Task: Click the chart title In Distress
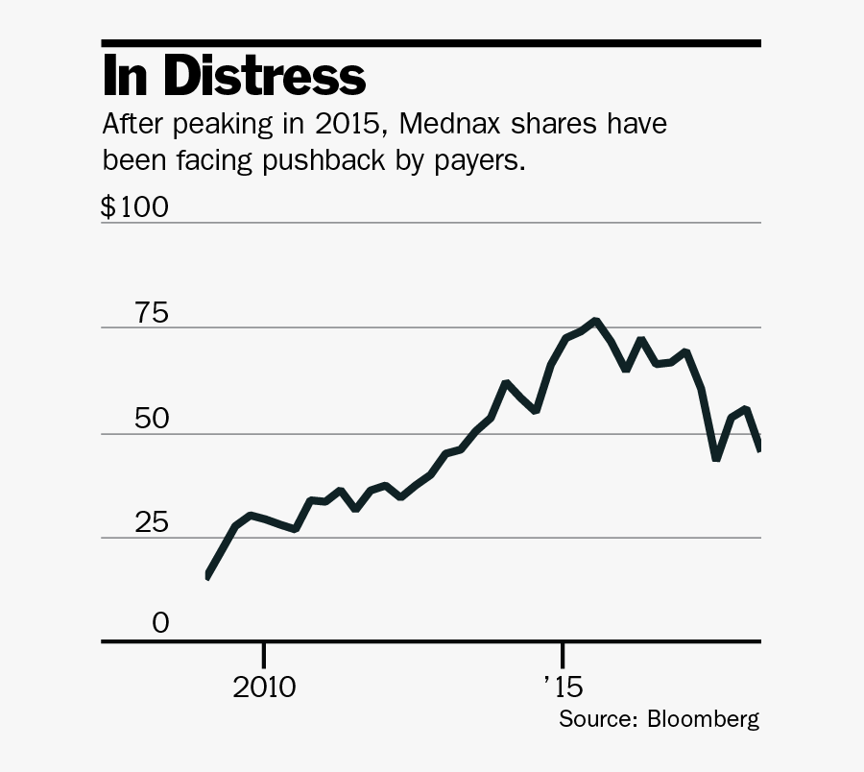[234, 77]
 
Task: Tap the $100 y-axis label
[135, 207]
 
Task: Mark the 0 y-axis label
[159, 624]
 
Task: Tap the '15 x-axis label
[563, 688]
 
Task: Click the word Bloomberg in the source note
[704, 719]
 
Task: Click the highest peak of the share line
[596, 321]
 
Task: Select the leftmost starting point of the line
[208, 576]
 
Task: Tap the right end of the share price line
[759, 446]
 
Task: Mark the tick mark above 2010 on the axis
[263, 654]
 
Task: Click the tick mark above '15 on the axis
[563, 654]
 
